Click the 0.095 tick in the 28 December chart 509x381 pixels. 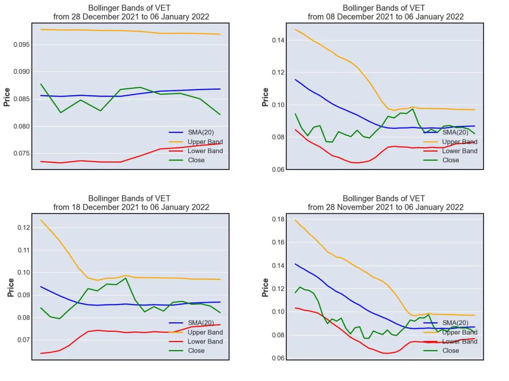click(21, 44)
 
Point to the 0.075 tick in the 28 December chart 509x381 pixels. click(21, 153)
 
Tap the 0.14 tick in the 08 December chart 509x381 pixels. click(278, 40)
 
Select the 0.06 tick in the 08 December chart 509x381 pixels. click(278, 170)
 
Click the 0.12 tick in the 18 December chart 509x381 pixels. click(24, 227)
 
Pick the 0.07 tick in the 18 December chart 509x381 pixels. click(24, 340)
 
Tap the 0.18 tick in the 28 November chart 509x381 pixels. click(278, 219)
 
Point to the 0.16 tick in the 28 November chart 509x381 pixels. click(278, 242)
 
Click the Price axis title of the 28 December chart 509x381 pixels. click(7, 97)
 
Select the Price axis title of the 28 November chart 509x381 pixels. click(265, 288)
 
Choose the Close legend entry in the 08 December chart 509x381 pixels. click(441, 160)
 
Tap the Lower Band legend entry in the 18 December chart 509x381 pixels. click(196, 341)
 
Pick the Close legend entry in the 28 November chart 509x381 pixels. click(441, 350)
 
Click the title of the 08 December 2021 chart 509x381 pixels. click(385, 12)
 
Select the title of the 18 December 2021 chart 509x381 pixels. click(131, 203)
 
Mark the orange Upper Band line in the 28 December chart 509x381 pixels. click(130, 31)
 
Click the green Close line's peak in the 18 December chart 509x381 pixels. click(126, 278)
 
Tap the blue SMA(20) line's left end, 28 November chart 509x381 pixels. click(295, 264)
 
